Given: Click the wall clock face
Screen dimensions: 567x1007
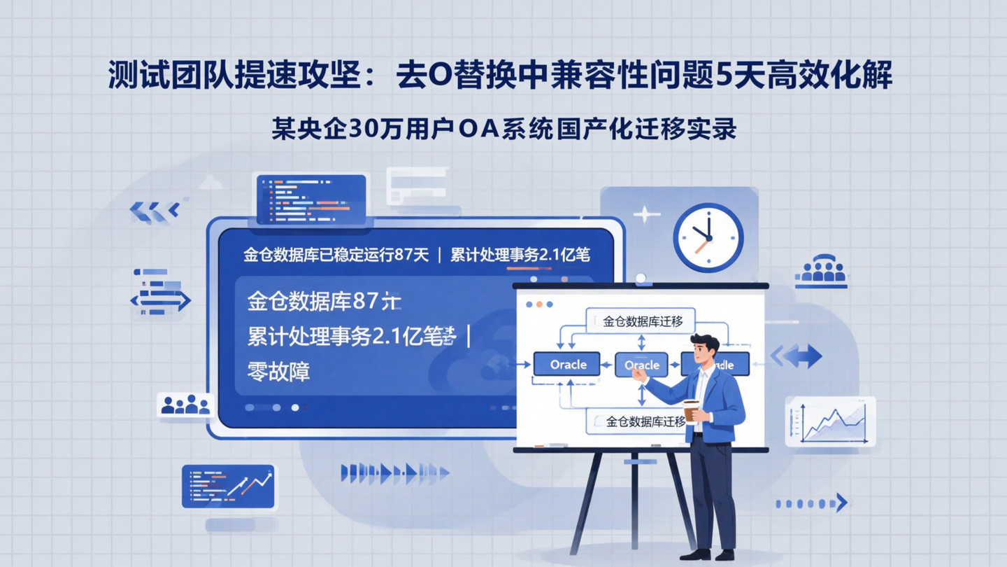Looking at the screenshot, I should coord(708,237).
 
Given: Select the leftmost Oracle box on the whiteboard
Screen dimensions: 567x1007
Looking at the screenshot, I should coord(567,364).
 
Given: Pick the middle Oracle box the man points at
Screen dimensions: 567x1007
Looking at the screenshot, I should coord(641,365).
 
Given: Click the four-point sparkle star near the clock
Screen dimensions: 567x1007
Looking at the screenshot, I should coord(645,213).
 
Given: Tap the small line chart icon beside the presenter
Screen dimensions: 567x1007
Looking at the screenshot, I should coord(831,422).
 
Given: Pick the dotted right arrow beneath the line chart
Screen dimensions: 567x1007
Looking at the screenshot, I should coord(812,503).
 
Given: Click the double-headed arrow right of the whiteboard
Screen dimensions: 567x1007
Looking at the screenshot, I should coord(797,356).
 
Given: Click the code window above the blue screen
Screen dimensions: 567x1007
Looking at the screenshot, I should coord(311,199).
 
